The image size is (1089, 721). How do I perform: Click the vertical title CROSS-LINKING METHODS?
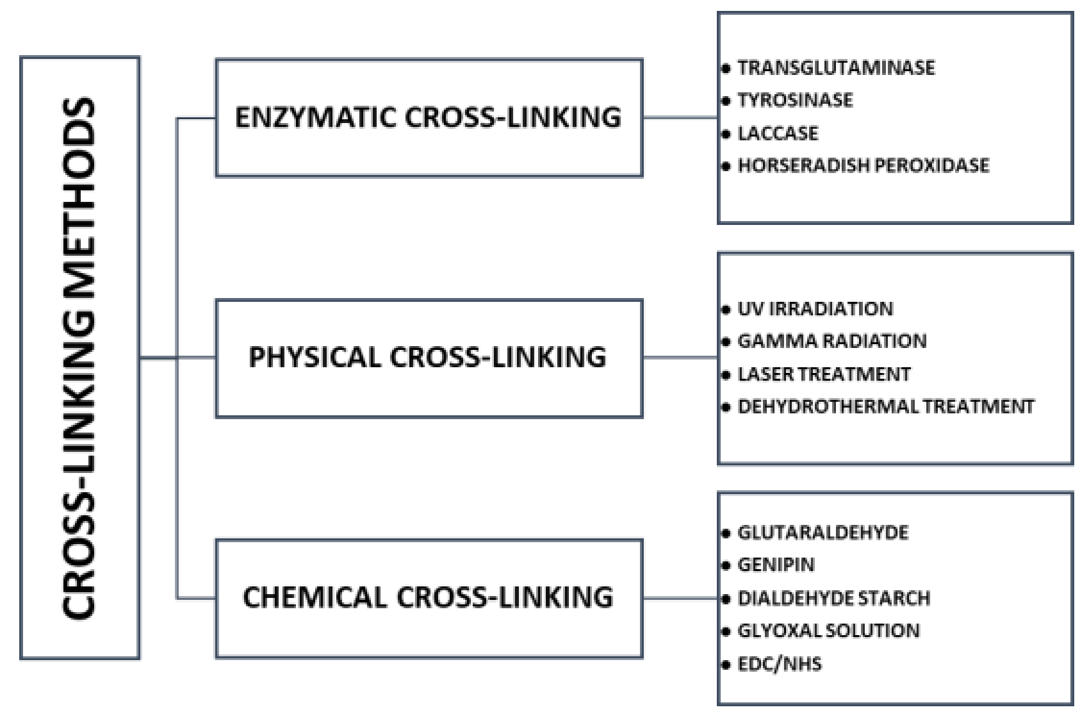tap(79, 358)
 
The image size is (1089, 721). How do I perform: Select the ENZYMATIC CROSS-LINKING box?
tap(429, 117)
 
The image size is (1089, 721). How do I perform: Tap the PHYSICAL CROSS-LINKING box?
tap(428, 358)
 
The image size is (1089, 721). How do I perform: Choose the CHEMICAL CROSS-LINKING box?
tap(428, 597)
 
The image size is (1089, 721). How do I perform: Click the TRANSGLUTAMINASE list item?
tap(836, 68)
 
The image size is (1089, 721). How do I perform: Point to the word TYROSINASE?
tap(795, 101)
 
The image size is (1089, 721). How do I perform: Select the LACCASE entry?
tap(778, 133)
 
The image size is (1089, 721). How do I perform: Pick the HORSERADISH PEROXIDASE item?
tap(864, 166)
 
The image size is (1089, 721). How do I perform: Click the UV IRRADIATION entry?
tap(815, 309)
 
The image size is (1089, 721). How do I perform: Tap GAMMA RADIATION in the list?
tap(832, 341)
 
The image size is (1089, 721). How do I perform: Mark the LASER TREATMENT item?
tap(824, 374)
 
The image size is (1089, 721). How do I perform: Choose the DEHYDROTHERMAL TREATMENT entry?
tap(886, 407)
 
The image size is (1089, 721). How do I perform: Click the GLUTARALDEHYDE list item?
tap(823, 533)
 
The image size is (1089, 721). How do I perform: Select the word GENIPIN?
tap(776, 565)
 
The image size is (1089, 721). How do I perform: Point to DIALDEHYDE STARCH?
tap(834, 599)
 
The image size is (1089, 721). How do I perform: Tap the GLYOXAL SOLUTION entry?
tap(828, 631)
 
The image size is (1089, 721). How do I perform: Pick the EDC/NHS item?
tap(780, 664)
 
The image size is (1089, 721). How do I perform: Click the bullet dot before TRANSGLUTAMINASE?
tap(726, 68)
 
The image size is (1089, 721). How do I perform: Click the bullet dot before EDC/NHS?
tap(726, 665)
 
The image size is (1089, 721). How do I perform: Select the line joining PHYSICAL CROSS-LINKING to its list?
tap(680, 358)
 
